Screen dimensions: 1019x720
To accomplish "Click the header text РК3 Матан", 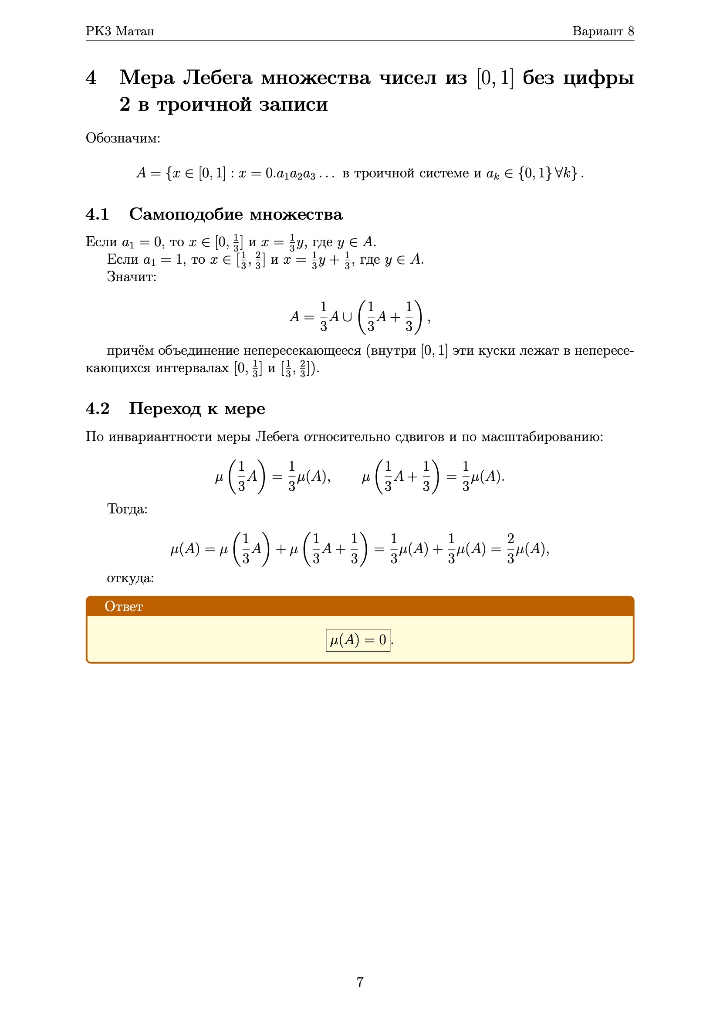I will (120, 31).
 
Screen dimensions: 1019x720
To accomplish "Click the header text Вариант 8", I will (603, 31).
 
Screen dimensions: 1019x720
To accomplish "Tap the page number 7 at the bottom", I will (360, 982).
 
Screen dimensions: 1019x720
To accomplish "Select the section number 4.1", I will (98, 214).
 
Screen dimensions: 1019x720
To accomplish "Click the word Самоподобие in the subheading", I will (186, 214).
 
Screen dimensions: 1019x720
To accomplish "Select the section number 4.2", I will (98, 408).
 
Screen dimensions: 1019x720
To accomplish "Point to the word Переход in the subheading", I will (165, 408).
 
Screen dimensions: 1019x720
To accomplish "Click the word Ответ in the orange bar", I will (124, 606).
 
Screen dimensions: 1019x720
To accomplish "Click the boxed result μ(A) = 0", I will (358, 640).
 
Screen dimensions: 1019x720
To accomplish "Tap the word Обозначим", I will (122, 138).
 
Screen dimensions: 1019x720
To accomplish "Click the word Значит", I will (131, 276).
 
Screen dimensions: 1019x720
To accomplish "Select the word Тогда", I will (127, 509).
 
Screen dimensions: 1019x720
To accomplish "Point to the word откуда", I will (130, 578).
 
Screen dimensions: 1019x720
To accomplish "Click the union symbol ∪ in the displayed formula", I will (347, 317).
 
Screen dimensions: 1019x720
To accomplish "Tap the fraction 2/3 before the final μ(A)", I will (510, 549).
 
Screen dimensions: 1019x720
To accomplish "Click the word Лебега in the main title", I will (217, 78).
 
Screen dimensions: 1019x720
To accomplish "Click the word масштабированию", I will (542, 437).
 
